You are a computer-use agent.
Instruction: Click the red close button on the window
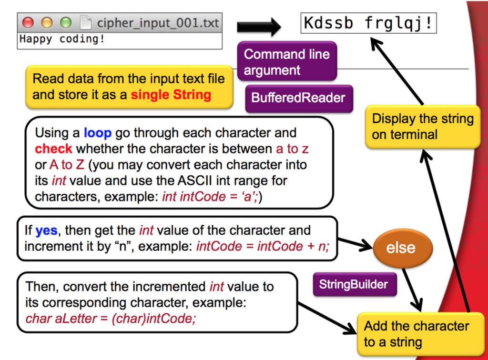point(28,22)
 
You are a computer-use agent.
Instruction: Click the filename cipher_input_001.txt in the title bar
point(157,23)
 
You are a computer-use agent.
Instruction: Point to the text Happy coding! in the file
point(61,39)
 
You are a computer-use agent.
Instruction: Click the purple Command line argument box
point(287,62)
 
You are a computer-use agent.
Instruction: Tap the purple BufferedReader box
point(298,98)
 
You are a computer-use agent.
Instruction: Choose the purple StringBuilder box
point(354,285)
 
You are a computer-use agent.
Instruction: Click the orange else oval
point(403,248)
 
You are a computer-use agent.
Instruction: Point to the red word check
point(53,149)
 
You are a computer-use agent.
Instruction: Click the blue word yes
point(46,230)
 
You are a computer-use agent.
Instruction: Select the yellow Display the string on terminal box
point(422,126)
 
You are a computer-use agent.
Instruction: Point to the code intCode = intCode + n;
point(262,246)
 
